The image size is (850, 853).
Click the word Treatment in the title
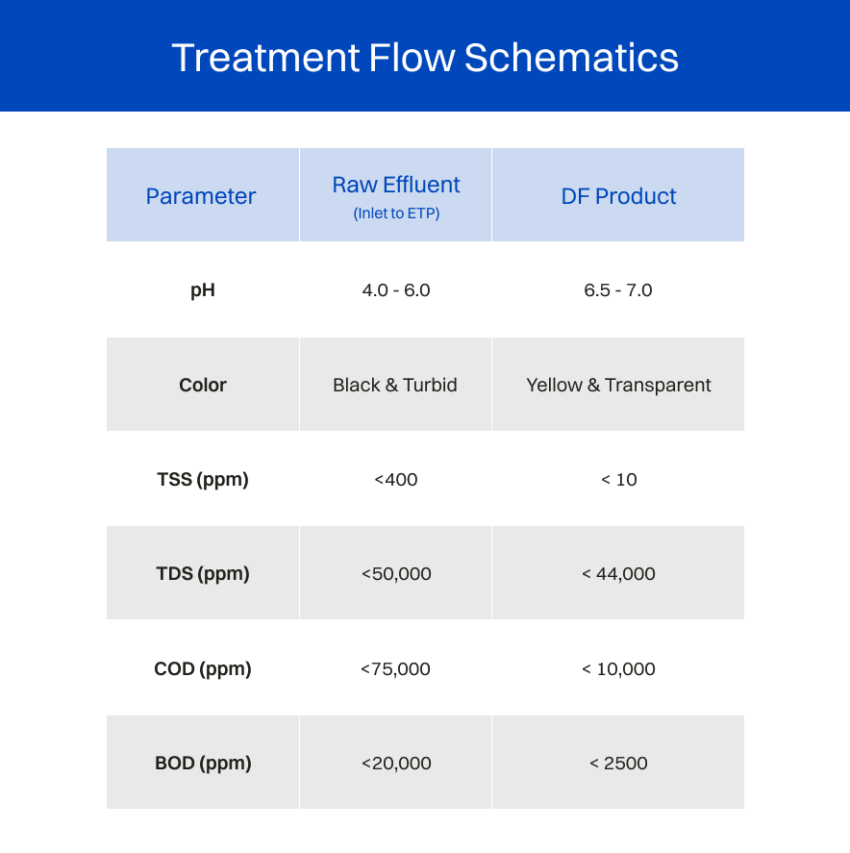click(265, 58)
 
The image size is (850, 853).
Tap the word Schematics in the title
click(571, 58)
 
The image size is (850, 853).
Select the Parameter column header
click(201, 196)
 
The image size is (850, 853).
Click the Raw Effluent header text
click(396, 185)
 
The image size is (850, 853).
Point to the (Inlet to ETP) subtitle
click(396, 213)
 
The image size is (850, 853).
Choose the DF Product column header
click(618, 196)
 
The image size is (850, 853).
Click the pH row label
click(203, 290)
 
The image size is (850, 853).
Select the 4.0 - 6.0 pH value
click(396, 290)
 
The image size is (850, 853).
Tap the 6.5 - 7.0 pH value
click(617, 290)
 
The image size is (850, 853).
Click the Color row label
click(203, 385)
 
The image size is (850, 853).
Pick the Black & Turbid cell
click(395, 385)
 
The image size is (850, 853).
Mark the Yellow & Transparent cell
click(618, 386)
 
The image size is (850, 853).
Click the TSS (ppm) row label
click(203, 480)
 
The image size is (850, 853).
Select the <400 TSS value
click(396, 479)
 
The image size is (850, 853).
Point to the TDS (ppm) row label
click(203, 574)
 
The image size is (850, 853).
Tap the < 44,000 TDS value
click(618, 574)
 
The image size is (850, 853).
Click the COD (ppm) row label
click(203, 669)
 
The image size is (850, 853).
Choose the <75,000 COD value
click(395, 669)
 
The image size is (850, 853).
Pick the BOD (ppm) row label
click(203, 764)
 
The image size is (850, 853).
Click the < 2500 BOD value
click(618, 764)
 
